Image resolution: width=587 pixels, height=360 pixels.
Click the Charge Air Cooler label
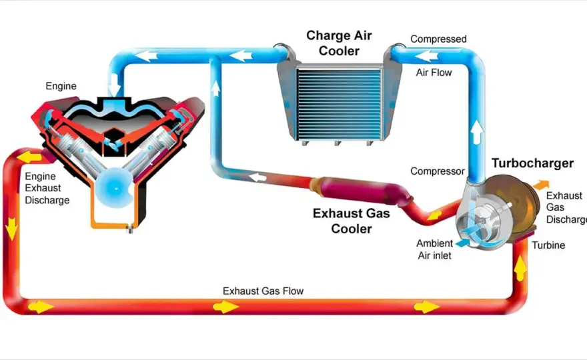click(x=339, y=43)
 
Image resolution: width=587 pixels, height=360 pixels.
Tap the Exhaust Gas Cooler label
click(x=351, y=221)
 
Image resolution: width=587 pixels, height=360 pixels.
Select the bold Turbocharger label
click(x=532, y=163)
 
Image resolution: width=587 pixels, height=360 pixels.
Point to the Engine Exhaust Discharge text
click(x=47, y=188)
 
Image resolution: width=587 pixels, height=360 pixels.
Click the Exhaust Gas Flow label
click(x=263, y=291)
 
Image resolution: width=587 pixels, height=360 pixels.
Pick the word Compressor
click(x=438, y=171)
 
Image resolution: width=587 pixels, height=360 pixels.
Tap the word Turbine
click(x=548, y=245)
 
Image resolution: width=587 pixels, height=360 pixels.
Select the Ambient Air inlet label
click(x=435, y=249)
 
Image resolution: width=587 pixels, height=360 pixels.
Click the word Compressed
click(x=438, y=39)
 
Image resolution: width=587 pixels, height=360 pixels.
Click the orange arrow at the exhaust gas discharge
click(x=541, y=185)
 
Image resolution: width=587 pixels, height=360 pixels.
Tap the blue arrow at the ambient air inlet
click(x=463, y=243)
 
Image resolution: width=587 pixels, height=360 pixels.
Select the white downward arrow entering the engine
click(x=115, y=85)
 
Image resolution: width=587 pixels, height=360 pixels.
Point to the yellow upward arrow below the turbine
click(x=520, y=268)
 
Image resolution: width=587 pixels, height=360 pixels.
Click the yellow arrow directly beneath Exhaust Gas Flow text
click(x=225, y=307)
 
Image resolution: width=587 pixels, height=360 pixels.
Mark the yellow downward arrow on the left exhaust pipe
click(x=11, y=228)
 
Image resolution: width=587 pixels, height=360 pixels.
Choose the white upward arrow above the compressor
click(x=476, y=132)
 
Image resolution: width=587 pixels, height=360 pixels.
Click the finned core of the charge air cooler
click(x=339, y=105)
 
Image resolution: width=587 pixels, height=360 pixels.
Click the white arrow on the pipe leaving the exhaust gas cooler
click(x=258, y=177)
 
